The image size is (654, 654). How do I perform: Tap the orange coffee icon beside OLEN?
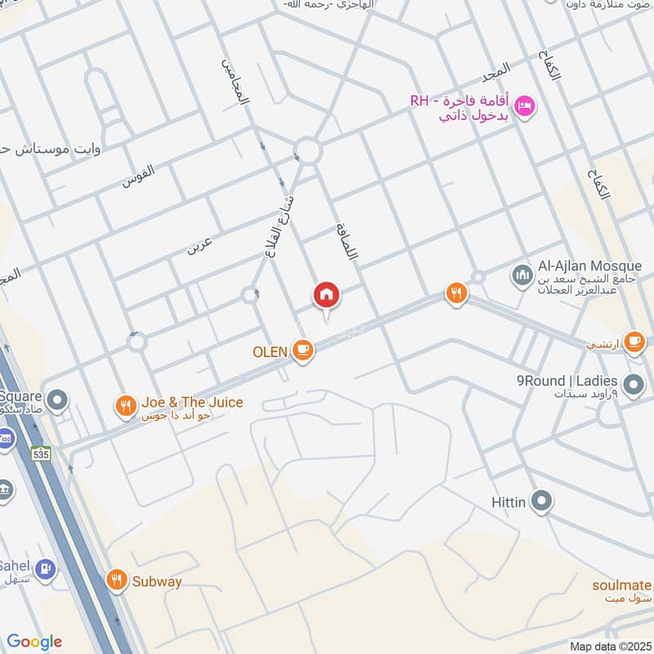(x=303, y=352)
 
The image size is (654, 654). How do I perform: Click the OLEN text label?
(x=270, y=352)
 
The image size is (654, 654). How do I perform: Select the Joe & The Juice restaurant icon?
(x=125, y=405)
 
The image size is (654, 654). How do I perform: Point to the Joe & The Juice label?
(x=192, y=403)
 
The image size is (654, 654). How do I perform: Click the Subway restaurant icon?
(x=118, y=580)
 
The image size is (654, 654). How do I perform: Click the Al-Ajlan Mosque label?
(x=591, y=267)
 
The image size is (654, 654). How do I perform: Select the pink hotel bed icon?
(x=526, y=105)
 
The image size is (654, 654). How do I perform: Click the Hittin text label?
(x=508, y=501)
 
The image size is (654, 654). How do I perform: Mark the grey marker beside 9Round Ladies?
(x=633, y=383)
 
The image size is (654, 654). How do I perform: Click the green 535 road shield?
(x=38, y=452)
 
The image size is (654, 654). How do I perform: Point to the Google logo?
(x=34, y=642)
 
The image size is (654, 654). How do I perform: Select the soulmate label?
(x=622, y=585)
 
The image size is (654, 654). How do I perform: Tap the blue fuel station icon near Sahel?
(x=47, y=566)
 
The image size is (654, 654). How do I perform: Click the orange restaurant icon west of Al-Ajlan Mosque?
(x=455, y=293)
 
